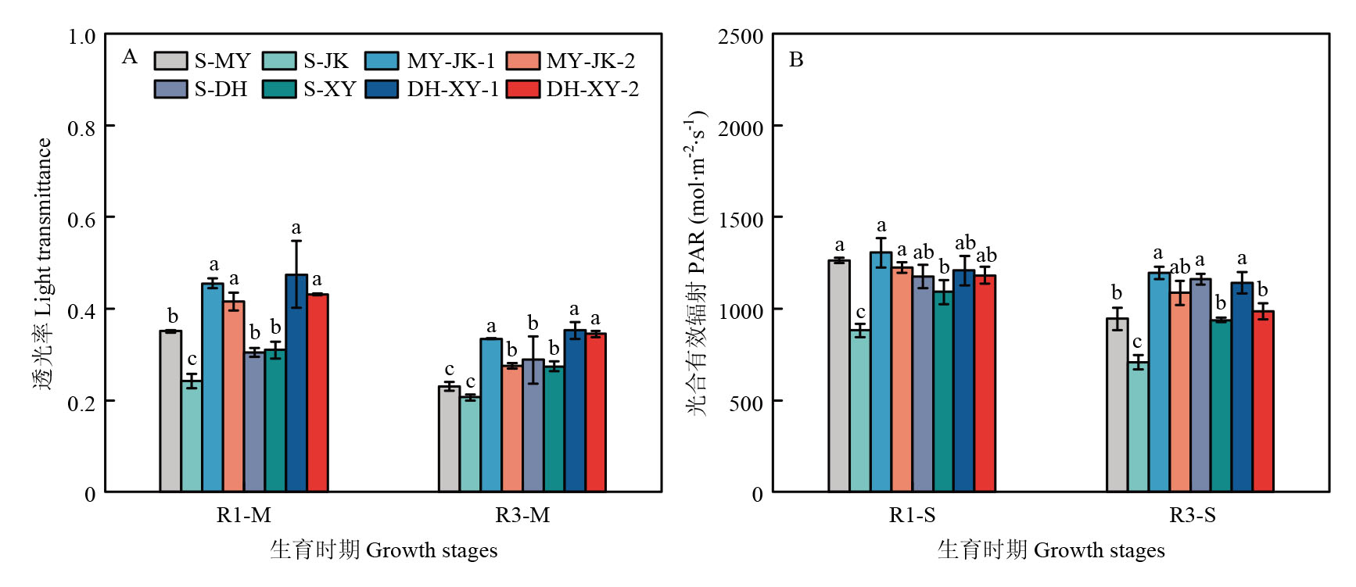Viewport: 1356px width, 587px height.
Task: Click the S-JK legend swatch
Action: [279, 61]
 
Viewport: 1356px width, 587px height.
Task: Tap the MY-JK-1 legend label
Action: [451, 61]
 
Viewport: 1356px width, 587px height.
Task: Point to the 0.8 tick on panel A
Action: [81, 127]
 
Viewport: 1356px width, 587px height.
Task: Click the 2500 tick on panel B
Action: [741, 37]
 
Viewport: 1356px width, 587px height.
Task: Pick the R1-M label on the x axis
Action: [244, 515]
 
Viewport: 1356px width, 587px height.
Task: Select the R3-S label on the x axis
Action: [1193, 515]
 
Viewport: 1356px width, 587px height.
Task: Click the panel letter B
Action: [796, 60]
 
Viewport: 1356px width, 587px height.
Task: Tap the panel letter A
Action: [130, 57]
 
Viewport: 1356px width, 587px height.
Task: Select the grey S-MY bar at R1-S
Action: [839, 375]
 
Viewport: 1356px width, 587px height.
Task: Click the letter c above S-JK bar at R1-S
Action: [860, 313]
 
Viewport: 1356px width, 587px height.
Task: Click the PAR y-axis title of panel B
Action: [696, 263]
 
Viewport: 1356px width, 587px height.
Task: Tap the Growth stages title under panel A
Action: [383, 550]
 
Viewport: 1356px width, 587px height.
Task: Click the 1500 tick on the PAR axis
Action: [741, 220]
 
